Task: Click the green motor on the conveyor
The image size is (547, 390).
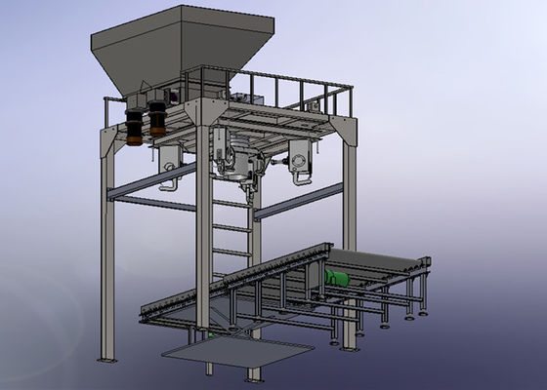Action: [x=337, y=279]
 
